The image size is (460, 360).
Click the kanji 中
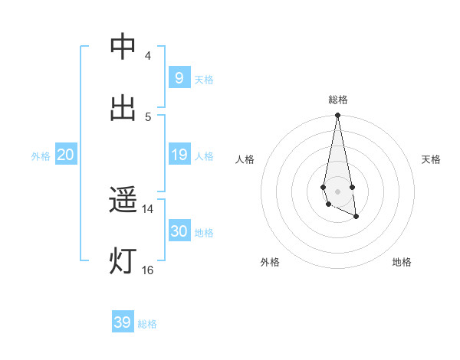point(123,47)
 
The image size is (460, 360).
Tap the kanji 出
point(123,109)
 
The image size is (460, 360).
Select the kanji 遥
point(123,201)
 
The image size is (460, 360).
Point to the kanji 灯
point(123,262)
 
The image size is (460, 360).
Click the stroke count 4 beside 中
point(148,55)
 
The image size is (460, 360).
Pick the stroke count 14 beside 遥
point(148,208)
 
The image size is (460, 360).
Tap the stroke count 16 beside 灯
point(148,270)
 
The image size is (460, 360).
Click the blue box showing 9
point(179,77)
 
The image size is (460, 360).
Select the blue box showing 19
point(179,154)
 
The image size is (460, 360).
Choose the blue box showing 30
point(179,231)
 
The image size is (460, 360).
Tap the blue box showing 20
point(65,154)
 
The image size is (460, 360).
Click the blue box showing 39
point(122,322)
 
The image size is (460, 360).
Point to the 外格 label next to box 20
point(41,156)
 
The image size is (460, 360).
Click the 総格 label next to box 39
point(147,325)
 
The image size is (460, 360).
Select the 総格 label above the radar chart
point(338,100)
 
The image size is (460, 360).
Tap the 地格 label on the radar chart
point(402,263)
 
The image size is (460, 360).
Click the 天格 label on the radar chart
point(431,159)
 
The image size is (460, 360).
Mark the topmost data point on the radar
point(337,116)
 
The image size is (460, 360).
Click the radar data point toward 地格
point(356,218)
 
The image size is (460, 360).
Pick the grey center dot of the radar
point(337,191)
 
